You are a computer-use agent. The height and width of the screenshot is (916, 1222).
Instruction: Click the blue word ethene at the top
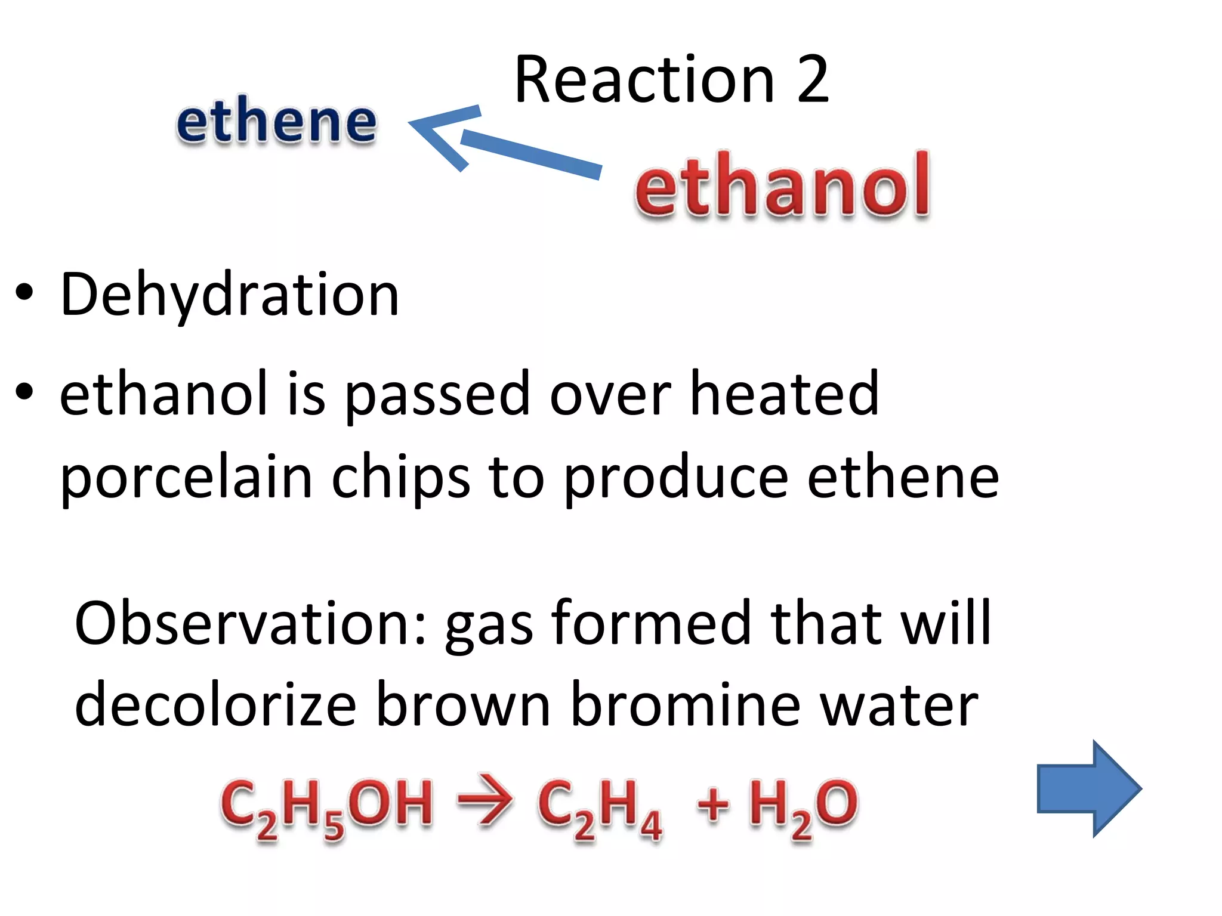tap(276, 122)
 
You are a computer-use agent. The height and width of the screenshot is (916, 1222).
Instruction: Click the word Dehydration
tap(230, 295)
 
